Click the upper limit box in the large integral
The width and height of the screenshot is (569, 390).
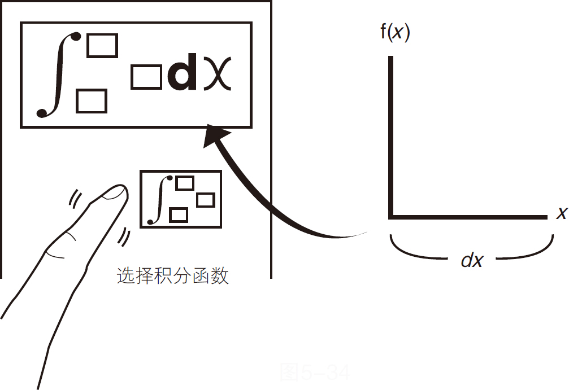point(102,46)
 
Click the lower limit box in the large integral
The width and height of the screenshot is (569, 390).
point(92,101)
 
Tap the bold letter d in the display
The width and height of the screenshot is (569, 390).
point(183,75)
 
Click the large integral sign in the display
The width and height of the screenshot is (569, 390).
point(57,75)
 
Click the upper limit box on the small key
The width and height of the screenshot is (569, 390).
point(184,183)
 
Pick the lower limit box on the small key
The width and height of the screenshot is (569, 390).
point(179,215)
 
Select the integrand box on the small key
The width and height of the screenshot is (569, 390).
point(205,200)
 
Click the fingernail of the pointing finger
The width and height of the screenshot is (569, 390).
point(116,194)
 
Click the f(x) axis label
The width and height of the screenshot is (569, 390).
point(394,32)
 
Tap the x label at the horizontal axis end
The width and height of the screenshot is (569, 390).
point(561,213)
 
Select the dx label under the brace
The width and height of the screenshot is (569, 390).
point(472,260)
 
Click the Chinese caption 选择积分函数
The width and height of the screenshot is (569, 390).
point(172,277)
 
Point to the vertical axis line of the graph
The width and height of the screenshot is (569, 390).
point(390,135)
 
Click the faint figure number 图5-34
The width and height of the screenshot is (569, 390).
point(315,373)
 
